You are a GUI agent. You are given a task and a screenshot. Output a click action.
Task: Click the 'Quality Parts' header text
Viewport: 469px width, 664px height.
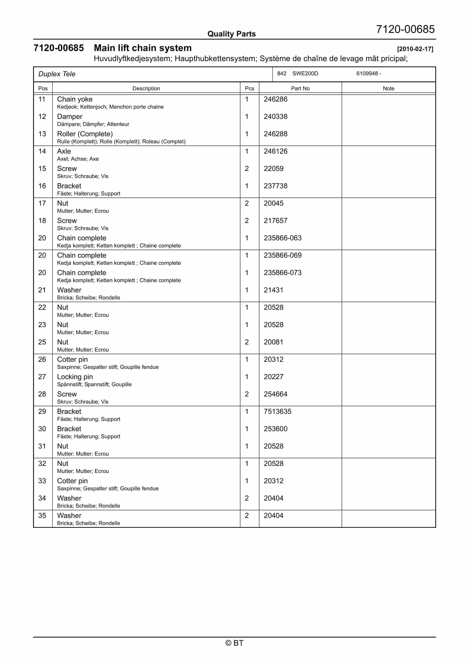(231, 34)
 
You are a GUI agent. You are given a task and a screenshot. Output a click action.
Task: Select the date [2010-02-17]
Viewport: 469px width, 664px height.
(415, 49)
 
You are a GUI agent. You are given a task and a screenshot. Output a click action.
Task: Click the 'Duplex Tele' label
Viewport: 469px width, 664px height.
(57, 74)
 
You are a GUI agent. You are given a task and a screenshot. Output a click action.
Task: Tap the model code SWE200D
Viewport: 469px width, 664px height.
(305, 74)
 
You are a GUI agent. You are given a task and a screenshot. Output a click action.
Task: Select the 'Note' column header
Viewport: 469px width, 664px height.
(388, 89)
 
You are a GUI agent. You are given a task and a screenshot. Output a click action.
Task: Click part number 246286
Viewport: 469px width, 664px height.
(275, 99)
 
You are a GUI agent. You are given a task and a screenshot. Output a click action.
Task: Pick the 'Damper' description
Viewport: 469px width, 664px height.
(70, 117)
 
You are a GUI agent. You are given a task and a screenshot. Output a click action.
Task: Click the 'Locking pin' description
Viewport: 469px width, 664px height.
(75, 377)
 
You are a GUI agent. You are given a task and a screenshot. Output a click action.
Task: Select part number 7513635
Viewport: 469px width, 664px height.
(277, 411)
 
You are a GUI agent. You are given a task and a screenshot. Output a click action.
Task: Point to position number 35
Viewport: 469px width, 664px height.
(42, 516)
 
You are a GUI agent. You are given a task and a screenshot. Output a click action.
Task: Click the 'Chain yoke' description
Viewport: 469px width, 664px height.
(75, 99)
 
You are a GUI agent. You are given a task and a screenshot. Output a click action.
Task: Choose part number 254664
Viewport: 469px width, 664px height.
(275, 394)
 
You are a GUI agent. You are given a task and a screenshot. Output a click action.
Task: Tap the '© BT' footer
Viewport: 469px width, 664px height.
(234, 643)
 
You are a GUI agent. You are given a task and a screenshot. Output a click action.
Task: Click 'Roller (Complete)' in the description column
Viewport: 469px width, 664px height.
(85, 134)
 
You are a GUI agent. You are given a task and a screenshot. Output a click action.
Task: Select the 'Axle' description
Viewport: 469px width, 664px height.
(64, 151)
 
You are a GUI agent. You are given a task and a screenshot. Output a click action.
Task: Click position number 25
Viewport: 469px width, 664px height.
(42, 342)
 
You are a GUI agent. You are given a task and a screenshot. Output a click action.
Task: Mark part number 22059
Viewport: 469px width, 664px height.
(273, 169)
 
